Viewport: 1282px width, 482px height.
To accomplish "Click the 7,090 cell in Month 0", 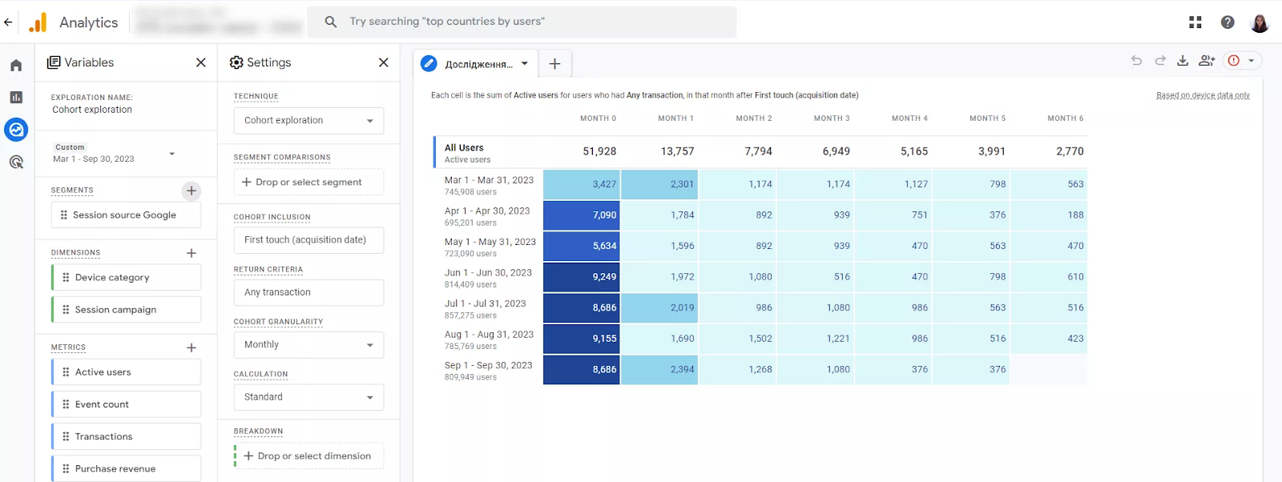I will click(x=582, y=215).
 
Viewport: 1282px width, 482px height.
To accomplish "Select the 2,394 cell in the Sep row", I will click(x=659, y=369).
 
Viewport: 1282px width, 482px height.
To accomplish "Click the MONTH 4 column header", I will click(x=909, y=118).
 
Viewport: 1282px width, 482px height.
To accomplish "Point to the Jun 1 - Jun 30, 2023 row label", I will click(x=488, y=273).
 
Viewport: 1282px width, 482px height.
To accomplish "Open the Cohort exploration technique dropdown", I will click(x=308, y=121).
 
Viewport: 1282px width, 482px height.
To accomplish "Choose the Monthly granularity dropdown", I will click(x=308, y=345).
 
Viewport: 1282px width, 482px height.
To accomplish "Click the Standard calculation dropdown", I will click(x=308, y=397).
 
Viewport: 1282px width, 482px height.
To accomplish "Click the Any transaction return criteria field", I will click(x=308, y=292).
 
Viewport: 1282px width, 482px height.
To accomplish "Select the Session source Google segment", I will click(x=126, y=215).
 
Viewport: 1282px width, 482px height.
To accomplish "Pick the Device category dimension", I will click(x=126, y=278).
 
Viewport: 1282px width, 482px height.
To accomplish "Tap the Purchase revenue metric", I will click(x=126, y=469).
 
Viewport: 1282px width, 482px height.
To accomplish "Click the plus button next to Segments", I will click(x=191, y=191).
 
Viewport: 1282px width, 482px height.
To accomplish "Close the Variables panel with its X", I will click(x=201, y=62).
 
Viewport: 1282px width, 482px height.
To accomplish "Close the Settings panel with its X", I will click(x=384, y=62).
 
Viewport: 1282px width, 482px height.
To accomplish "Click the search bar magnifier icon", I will click(x=331, y=22).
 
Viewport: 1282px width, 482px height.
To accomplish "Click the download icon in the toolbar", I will click(x=1183, y=61).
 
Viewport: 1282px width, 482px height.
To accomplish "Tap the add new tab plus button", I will click(x=554, y=64).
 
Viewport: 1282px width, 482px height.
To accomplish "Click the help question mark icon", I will click(x=1228, y=22).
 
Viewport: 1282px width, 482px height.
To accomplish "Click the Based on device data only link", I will click(x=1203, y=95).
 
